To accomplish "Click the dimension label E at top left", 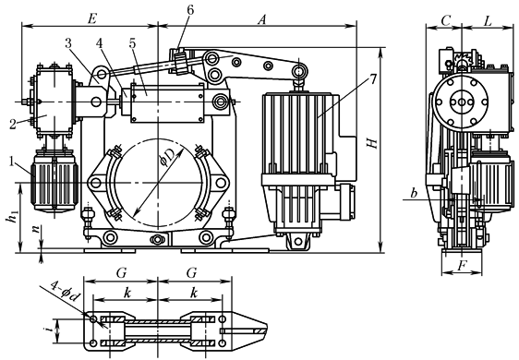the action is (91, 18).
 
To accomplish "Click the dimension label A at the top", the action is (262, 20).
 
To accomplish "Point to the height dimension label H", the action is (372, 143).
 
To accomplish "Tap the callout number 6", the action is (190, 9).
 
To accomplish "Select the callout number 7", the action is (373, 79).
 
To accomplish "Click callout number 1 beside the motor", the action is (13, 162).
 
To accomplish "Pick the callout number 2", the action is (13, 125).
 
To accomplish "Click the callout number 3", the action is (68, 43).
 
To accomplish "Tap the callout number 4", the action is (101, 43).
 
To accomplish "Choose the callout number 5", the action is (133, 43).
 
